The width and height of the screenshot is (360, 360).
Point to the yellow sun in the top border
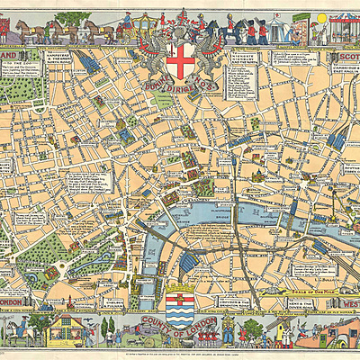[321, 17]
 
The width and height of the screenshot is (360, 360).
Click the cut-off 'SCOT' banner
[345, 55]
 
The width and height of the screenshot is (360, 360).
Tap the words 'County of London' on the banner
[180, 331]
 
